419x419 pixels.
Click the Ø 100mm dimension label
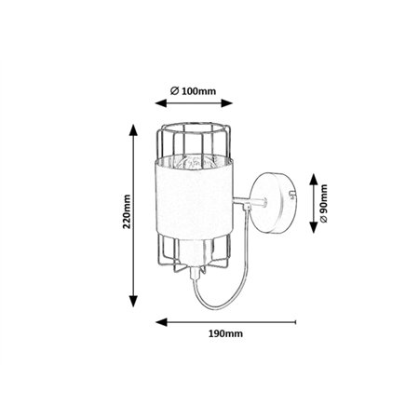(x=193, y=91)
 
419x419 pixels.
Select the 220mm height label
(x=127, y=211)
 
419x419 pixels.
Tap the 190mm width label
(x=225, y=333)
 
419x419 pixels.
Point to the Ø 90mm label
(x=324, y=203)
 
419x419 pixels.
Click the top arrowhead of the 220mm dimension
(x=133, y=129)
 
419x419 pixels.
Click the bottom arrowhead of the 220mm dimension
(x=133, y=301)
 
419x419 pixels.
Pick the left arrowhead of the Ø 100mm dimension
(x=161, y=103)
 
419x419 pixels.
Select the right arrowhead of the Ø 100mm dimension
(x=227, y=103)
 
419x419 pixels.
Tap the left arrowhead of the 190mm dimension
(x=161, y=322)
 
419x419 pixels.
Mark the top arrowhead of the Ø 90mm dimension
(x=314, y=180)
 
